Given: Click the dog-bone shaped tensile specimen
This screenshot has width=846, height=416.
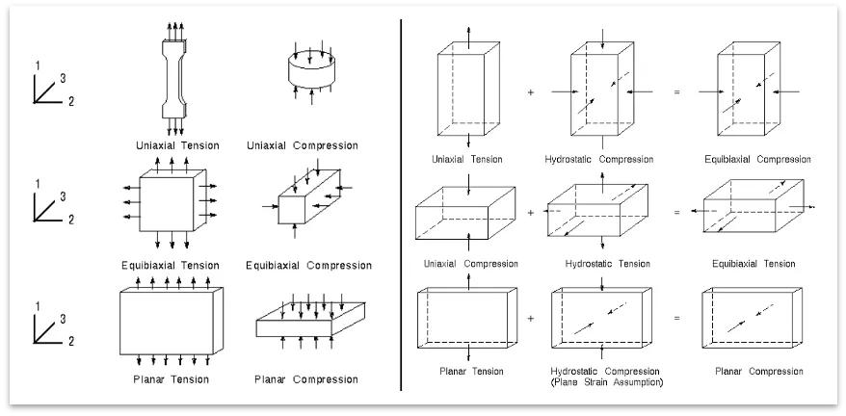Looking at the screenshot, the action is coord(173,79).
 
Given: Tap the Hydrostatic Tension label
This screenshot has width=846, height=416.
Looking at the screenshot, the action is coord(608,264).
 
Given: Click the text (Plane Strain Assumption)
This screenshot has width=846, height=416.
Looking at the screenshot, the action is coord(607,382).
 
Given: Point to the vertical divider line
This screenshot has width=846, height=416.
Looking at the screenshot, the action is coord(401,204).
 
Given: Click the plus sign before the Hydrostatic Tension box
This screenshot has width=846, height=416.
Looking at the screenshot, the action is coord(530,213).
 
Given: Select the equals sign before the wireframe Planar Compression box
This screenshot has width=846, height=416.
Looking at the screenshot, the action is coord(676,319).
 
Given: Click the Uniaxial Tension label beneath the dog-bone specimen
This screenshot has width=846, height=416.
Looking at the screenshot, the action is coord(177,145).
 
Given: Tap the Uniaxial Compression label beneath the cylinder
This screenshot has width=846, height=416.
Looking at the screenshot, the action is coord(303,145).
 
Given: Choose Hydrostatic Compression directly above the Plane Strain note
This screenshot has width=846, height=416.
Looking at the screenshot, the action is coord(605,371).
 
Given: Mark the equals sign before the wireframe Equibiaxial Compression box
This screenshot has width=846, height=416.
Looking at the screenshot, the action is coord(676,92).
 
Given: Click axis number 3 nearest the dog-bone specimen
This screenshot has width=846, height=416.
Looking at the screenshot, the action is coord(64,79).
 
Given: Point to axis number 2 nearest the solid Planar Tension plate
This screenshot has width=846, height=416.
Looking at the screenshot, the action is coord(70,341).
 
